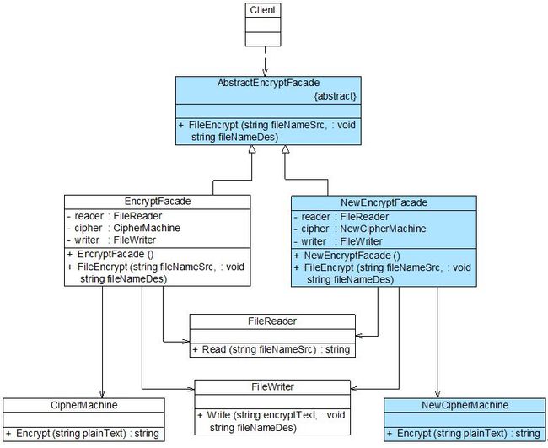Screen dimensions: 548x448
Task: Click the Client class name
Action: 263,10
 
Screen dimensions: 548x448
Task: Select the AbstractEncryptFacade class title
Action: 268,83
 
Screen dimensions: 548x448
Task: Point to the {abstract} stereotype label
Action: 336,96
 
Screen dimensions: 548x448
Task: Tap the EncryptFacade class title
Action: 158,202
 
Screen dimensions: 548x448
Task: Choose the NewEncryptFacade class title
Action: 384,202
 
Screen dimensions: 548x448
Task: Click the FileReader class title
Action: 272,321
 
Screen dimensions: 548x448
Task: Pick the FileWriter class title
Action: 272,386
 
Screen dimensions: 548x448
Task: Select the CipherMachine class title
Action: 83,405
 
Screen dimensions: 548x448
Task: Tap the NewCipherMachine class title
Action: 465,405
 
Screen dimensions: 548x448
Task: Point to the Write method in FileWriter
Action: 271,421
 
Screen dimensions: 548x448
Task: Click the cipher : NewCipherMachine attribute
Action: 360,229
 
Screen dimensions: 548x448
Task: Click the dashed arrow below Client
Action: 265,62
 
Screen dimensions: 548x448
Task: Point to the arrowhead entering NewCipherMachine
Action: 438,395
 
